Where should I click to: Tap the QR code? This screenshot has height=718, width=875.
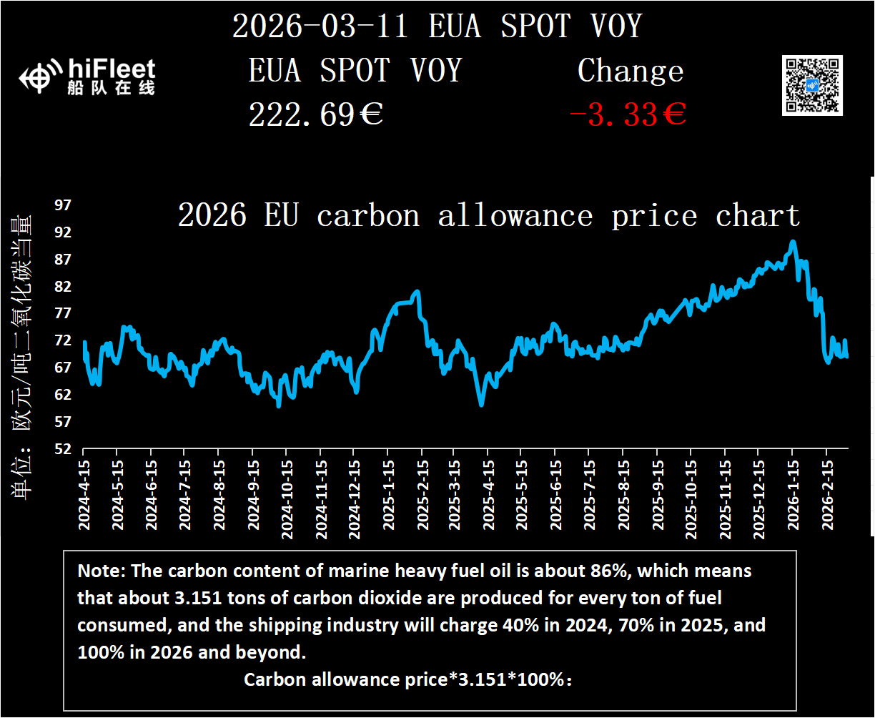coord(812,85)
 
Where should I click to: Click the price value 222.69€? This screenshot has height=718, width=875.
coord(315,114)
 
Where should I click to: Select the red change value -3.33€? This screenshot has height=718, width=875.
coord(628,114)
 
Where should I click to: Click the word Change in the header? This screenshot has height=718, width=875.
coord(631,71)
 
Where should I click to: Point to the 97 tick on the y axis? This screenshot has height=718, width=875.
coord(64,205)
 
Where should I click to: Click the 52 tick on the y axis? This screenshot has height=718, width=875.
coord(64,449)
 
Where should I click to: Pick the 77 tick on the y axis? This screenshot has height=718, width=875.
coord(64,313)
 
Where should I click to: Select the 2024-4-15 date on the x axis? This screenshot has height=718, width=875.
coord(84,493)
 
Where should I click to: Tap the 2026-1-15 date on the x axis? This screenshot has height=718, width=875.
coord(793,493)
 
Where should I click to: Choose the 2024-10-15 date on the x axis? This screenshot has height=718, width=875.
coord(286,493)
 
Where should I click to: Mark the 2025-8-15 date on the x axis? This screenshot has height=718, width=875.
coord(623,493)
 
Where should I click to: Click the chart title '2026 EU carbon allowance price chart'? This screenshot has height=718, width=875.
coord(488,215)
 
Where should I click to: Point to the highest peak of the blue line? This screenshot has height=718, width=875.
coord(792,242)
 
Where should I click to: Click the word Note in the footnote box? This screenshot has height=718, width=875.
coord(97,571)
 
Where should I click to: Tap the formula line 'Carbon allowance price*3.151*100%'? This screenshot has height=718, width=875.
coord(408,679)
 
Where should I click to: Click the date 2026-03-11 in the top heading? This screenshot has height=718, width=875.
coord(320,26)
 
